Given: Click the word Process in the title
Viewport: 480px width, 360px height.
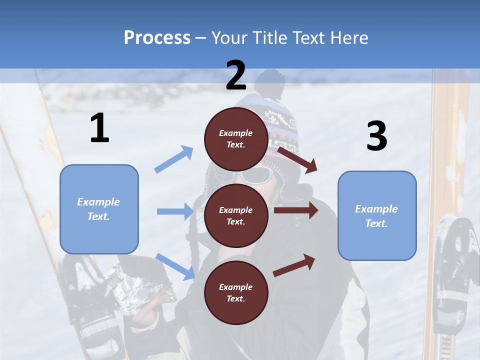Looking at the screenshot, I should [157, 38].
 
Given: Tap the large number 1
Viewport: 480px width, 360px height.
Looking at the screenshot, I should [99, 128].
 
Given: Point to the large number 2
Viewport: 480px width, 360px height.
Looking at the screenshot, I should [236, 76].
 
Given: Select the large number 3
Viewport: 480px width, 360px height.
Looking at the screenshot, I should [376, 136].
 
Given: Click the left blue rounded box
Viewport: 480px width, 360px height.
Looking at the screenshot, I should [99, 209].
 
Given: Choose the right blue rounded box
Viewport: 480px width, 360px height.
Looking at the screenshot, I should [377, 216].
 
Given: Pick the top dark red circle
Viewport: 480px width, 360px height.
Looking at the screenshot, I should [236, 139].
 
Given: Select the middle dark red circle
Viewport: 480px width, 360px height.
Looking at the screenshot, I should [236, 215].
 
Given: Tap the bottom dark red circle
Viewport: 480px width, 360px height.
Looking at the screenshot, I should [236, 292].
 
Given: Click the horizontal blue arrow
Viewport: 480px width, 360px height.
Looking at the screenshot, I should [175, 211].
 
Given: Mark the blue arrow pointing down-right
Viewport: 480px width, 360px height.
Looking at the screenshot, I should [175, 266].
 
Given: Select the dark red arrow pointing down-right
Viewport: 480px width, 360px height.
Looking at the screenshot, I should [298, 159].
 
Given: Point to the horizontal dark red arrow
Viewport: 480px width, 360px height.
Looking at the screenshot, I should [296, 210].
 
